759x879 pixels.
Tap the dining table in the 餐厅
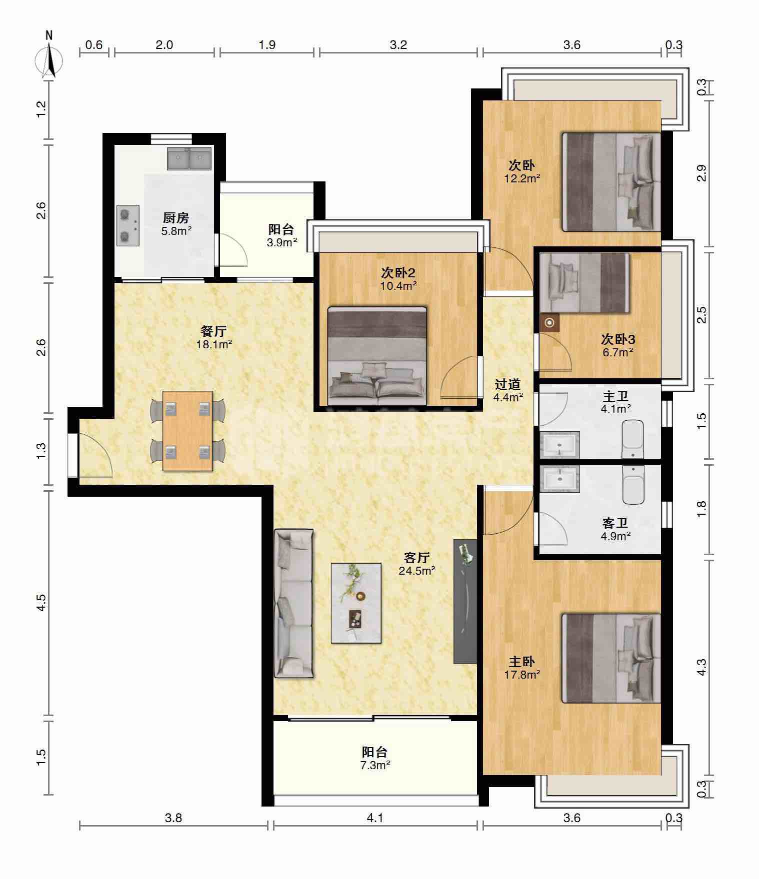[187, 431]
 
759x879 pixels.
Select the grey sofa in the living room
[293, 604]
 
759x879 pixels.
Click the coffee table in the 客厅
[356, 603]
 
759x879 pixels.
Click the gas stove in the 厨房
[128, 225]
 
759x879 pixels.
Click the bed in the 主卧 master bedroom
[611, 658]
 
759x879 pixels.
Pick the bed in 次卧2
[377, 356]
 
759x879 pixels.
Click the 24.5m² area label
[417, 570]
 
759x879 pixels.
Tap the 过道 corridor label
[507, 384]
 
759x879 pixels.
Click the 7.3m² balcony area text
[375, 765]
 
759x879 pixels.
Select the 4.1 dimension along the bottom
[375, 818]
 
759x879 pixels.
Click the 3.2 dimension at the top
[398, 45]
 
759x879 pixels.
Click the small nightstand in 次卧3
[550, 323]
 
